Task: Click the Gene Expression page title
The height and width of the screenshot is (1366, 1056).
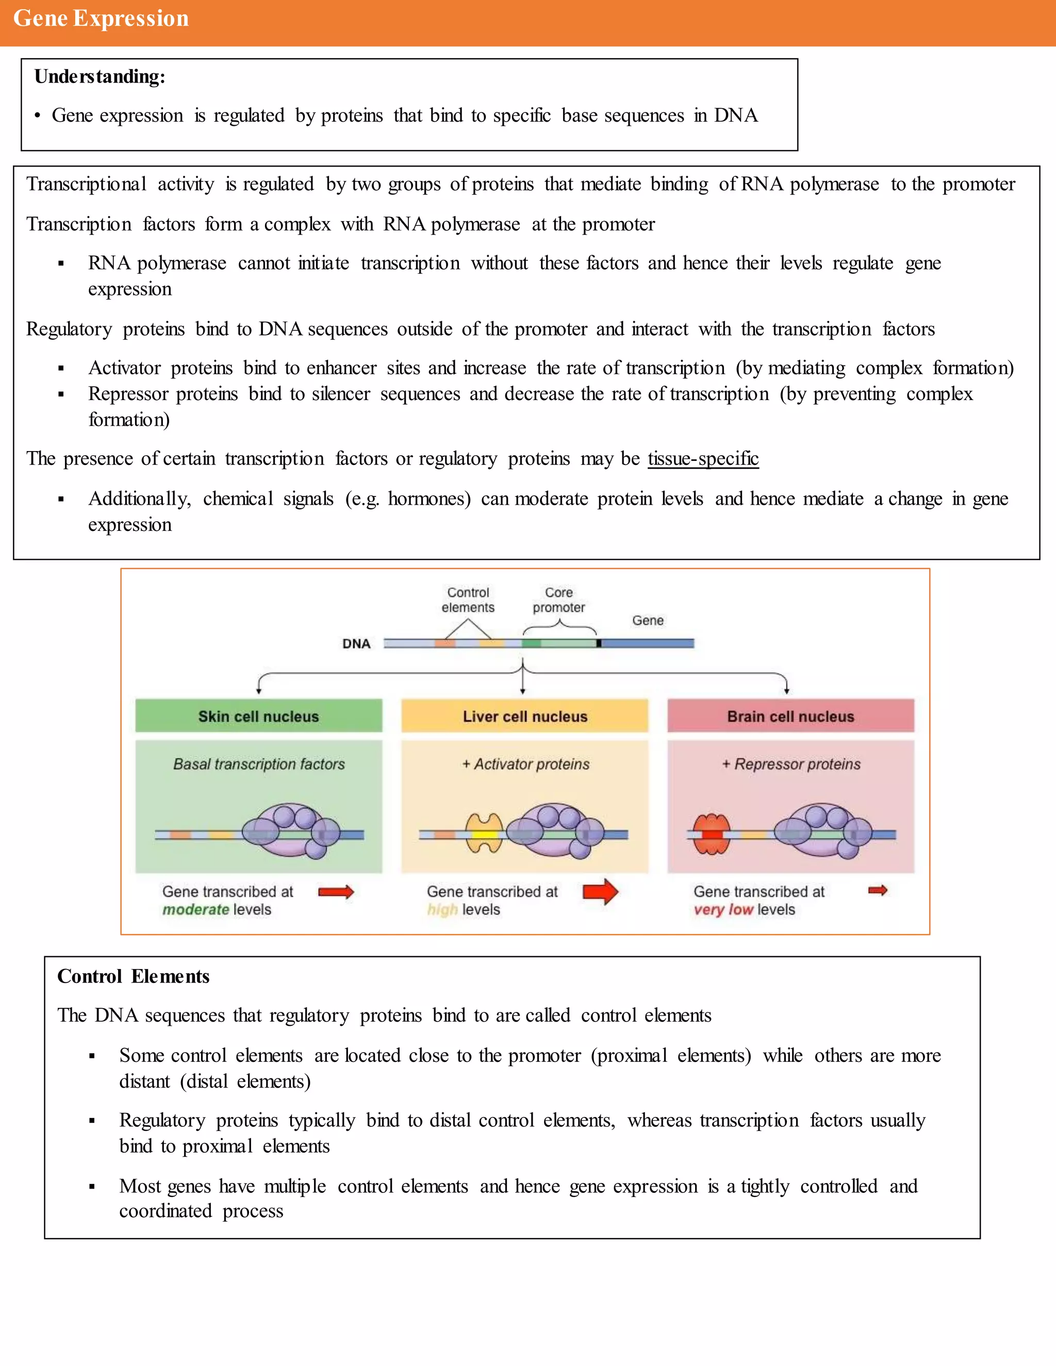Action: point(101,19)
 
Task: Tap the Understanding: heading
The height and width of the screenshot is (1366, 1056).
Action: point(100,76)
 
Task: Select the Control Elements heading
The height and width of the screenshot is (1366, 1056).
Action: point(133,976)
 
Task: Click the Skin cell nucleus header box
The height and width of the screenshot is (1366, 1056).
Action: point(258,715)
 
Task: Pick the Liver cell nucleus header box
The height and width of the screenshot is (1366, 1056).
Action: point(524,715)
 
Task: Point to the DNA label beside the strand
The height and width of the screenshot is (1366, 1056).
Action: point(356,644)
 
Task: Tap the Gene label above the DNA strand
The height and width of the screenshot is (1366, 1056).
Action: point(648,621)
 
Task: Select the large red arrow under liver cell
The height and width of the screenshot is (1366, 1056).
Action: point(600,891)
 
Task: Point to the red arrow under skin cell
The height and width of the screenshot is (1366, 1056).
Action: point(336,891)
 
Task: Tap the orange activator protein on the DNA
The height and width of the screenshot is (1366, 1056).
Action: point(484,834)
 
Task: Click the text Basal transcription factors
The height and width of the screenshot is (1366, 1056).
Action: point(258,764)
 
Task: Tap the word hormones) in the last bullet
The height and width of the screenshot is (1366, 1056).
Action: point(428,498)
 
